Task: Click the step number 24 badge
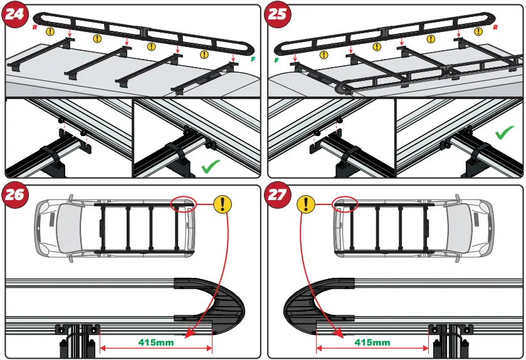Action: click(x=16, y=16)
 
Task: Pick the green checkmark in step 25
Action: click(x=505, y=132)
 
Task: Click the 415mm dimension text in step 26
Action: click(x=155, y=342)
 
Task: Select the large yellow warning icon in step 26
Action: click(x=223, y=204)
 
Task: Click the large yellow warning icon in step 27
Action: click(x=305, y=204)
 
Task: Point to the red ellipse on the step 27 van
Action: click(x=344, y=203)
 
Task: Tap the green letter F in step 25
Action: click(x=276, y=60)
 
